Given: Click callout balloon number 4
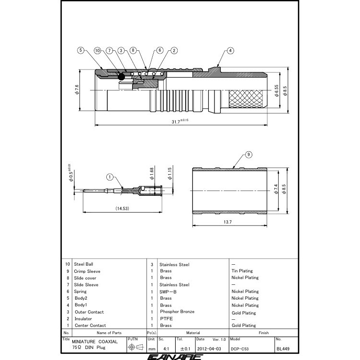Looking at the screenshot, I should (230, 50).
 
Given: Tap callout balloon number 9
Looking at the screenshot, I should (248, 154).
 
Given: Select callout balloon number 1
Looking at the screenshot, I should (109, 177).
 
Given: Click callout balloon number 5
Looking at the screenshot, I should (81, 50).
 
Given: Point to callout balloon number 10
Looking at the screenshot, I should (97, 50).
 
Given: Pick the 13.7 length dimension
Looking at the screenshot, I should (227, 223).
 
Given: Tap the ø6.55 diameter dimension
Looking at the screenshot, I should (277, 91).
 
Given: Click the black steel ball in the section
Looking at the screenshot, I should (122, 77).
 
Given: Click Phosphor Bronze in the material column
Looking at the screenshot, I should (177, 312).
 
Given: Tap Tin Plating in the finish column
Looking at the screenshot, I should (242, 271).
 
